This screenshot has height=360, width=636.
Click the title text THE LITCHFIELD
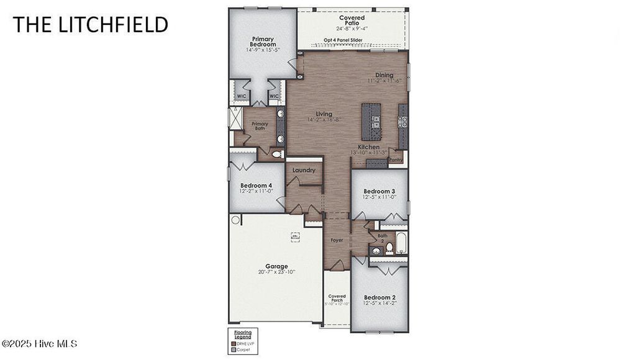90,24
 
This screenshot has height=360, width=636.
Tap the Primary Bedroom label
262,42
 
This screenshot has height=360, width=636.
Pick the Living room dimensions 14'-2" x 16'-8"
324,120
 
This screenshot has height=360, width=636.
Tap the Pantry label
396,160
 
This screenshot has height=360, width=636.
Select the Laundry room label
304,170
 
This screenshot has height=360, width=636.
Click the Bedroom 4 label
256,185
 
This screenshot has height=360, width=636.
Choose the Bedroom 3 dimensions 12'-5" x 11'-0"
379,197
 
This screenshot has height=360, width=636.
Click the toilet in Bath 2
389,248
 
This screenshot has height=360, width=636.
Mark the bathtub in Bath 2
402,242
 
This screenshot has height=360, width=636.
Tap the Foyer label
337,240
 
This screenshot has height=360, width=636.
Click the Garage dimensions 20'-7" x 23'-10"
276,272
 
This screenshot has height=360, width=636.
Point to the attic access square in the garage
295,236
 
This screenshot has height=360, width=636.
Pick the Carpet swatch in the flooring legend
234,349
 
